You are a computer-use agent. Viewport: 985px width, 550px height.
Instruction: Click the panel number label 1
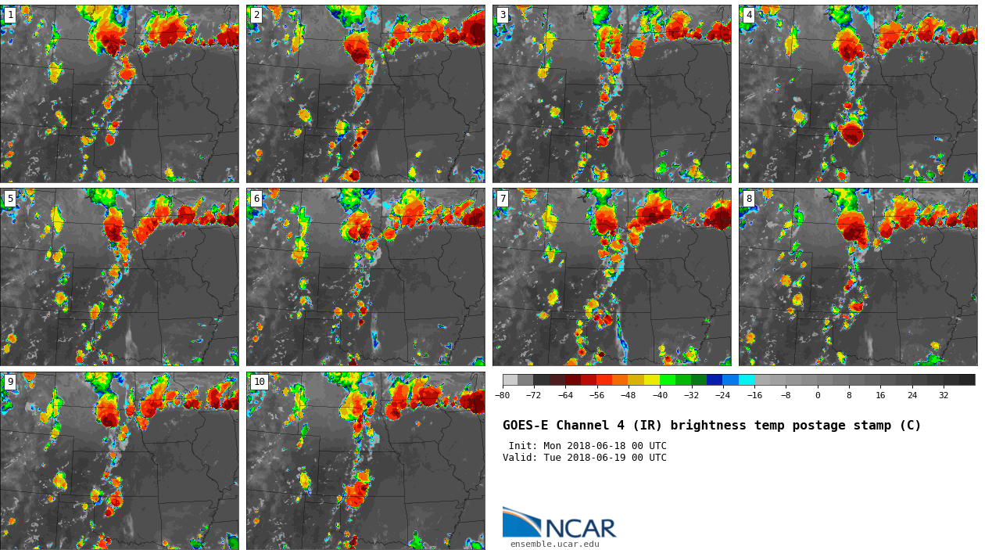coord(10,15)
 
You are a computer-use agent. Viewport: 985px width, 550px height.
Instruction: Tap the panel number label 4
coord(749,15)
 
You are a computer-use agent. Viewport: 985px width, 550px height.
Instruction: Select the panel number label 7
coord(503,199)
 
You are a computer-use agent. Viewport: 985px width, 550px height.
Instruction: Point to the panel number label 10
coord(259,382)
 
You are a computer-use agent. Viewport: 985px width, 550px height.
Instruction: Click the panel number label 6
coord(256,199)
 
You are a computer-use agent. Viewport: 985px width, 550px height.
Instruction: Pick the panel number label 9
coord(10,382)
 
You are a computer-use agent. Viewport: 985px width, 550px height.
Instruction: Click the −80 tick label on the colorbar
coord(502,396)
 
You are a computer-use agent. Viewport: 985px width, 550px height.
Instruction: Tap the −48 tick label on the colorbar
coord(628,396)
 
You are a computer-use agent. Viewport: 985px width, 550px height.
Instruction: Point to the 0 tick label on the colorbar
coord(818,396)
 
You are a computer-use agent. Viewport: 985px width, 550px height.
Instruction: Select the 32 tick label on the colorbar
coord(944,396)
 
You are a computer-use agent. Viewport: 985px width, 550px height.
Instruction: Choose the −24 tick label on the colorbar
coord(722,396)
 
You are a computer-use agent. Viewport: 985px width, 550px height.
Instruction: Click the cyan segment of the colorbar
coord(747,379)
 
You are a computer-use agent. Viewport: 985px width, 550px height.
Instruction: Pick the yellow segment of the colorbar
coord(651,379)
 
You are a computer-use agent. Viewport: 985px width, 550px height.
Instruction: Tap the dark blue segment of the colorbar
coord(715,379)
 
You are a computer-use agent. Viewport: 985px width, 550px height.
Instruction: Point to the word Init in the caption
coord(523,446)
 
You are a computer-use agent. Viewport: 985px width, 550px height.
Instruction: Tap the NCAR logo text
coord(579,529)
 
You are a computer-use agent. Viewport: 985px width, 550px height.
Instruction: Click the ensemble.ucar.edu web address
coord(554,544)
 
